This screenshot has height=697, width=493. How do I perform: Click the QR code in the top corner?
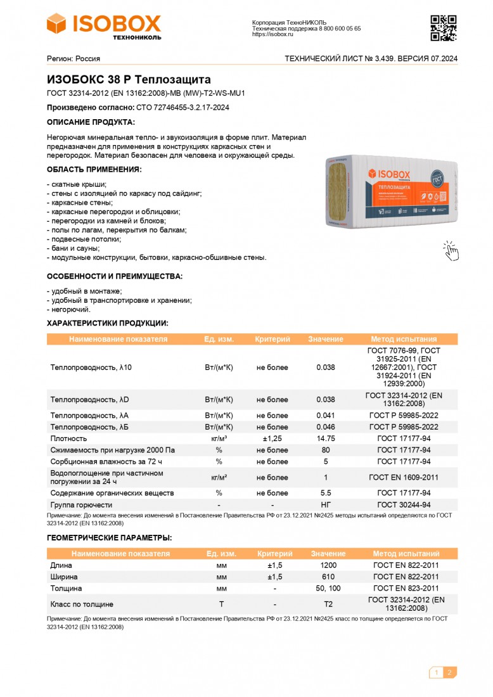444,27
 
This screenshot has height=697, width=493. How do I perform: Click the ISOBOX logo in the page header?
104,26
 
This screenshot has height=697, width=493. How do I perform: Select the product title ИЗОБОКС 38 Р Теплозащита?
129,80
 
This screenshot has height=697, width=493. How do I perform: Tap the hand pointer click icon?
451,250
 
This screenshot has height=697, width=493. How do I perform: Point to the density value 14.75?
326,438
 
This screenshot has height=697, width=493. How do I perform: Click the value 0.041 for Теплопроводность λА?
326,416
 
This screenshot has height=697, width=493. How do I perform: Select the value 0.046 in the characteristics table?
326,427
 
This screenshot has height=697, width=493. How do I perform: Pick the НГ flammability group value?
326,505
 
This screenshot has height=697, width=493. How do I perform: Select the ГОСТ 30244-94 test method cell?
404,505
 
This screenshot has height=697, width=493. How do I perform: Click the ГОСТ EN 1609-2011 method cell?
404,478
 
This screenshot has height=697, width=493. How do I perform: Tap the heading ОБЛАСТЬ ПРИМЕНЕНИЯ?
94,170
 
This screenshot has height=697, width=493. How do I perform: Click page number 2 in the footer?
449,673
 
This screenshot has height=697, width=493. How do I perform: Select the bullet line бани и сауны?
75,248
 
